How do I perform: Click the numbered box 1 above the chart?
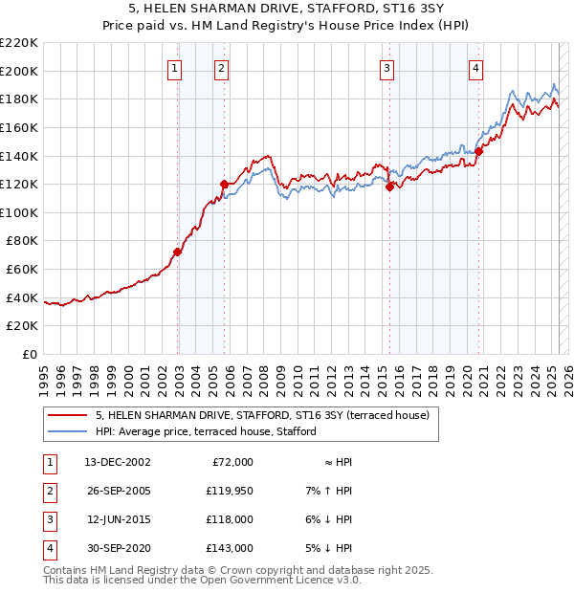click(176, 68)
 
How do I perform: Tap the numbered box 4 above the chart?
click(475, 68)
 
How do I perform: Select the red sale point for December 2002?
click(177, 253)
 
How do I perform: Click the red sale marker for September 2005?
click(224, 184)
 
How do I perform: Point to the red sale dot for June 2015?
click(389, 187)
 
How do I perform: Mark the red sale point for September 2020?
click(479, 151)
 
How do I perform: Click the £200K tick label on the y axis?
click(19, 71)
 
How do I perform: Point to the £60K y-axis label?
click(22, 270)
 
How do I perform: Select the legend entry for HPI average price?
click(206, 431)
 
